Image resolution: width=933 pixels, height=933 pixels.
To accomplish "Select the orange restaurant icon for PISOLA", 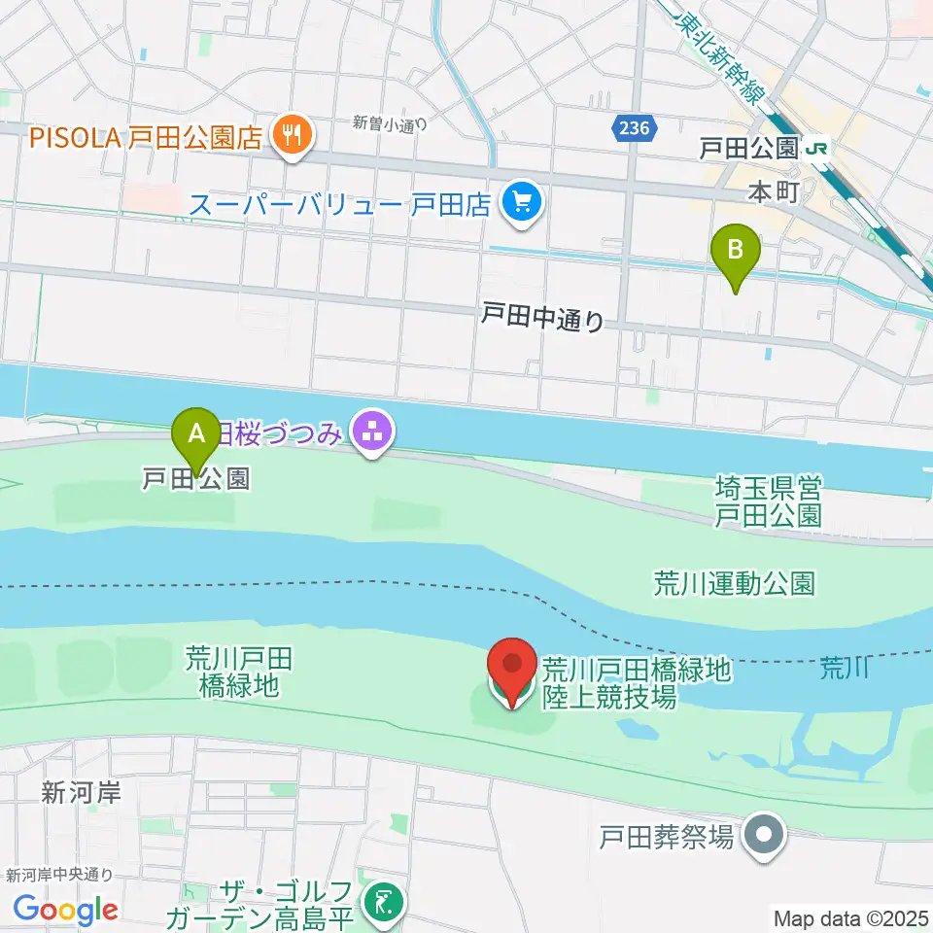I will pyautogui.click(x=291, y=136).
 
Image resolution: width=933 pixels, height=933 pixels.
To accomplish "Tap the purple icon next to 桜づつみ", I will pyautogui.click(x=371, y=432).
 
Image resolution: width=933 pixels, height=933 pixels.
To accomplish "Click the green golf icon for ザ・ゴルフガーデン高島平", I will pyautogui.click(x=381, y=904).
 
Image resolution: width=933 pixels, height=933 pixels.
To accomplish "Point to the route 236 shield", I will pyautogui.click(x=635, y=127).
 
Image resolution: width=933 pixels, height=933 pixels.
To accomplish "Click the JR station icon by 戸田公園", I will pyautogui.click(x=817, y=149).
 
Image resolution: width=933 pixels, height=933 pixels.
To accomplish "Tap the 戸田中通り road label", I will pyautogui.click(x=543, y=317).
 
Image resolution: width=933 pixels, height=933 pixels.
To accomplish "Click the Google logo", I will pyautogui.click(x=65, y=909).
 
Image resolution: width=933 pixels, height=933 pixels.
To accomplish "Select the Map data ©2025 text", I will pyautogui.click(x=849, y=916).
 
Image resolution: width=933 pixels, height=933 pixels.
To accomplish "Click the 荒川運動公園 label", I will pyautogui.click(x=734, y=583).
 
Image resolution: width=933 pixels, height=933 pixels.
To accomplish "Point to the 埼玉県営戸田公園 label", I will pyautogui.click(x=768, y=501).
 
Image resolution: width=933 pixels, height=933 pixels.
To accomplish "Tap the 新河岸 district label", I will pyautogui.click(x=81, y=792).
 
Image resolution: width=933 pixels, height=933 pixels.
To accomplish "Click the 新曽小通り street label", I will pyautogui.click(x=390, y=122).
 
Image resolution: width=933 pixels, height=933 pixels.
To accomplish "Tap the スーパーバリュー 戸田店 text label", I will pyautogui.click(x=341, y=205).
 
